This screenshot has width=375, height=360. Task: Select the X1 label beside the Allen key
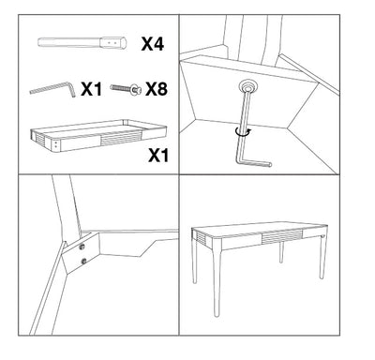pyautogui.click(x=91, y=90)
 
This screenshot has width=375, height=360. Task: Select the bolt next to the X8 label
pyautogui.click(x=126, y=90)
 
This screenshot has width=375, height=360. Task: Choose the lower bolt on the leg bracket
pyautogui.click(x=84, y=261)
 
